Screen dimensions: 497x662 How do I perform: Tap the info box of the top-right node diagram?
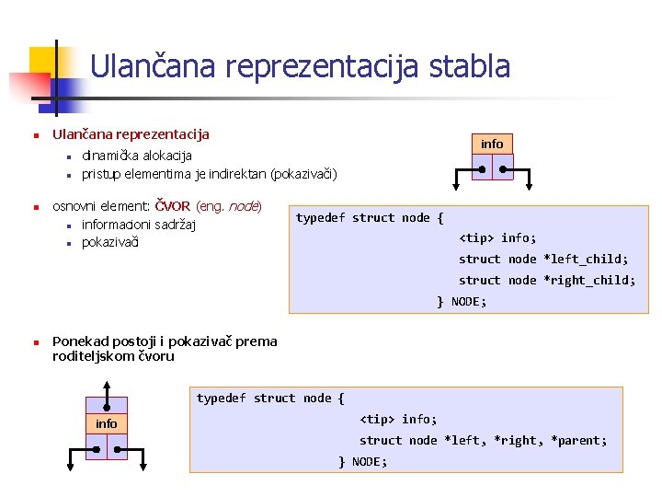pos(492,144)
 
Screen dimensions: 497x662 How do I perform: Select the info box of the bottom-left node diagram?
pos(107,423)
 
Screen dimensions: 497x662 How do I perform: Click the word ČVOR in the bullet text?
pos(173,205)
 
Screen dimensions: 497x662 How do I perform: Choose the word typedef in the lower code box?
pos(222,398)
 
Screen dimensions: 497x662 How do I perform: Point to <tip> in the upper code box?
pos(476,237)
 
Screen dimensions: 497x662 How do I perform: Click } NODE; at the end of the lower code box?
pos(363,461)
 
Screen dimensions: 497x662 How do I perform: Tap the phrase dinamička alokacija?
pos(137,156)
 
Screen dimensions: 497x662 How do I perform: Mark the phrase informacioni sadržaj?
pos(139,225)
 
